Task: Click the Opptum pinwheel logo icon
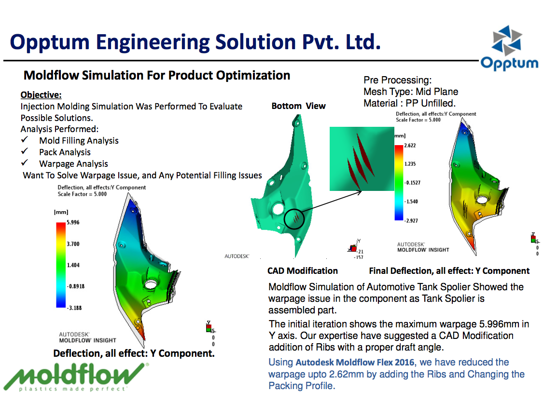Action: pos(507,40)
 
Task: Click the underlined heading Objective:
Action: pos(41,95)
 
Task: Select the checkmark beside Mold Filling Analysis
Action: pos(24,140)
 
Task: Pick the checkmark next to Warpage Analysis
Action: pos(24,162)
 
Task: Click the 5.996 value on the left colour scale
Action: pos(73,223)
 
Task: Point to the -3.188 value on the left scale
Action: pos(74,308)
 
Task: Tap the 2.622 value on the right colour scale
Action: pos(410,146)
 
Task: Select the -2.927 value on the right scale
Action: pos(411,220)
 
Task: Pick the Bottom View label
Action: pos(298,106)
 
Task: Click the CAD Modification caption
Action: pos(303,270)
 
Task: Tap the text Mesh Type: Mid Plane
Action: pos(411,92)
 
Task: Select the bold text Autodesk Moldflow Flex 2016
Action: pos(355,363)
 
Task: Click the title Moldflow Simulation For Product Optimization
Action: pos(157,75)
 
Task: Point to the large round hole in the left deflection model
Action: pos(151,285)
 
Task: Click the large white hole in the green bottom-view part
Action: pos(278,209)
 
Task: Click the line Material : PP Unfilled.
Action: pos(409,103)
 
